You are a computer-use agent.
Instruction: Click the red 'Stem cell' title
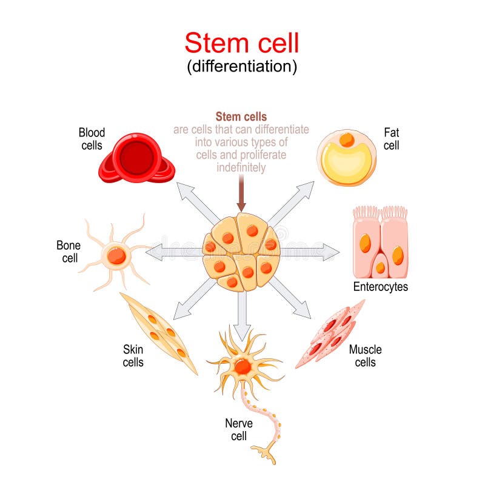click(x=242, y=44)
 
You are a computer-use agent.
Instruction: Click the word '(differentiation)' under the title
click(x=242, y=67)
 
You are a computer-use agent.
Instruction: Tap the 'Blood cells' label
click(x=92, y=138)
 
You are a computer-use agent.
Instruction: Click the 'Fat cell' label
click(x=391, y=138)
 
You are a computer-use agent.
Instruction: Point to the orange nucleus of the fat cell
click(x=347, y=140)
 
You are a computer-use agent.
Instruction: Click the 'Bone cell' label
click(x=68, y=251)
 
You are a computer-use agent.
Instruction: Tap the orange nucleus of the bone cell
click(x=116, y=256)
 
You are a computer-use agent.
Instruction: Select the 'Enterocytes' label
click(x=380, y=287)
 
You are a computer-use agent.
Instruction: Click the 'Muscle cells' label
click(x=365, y=356)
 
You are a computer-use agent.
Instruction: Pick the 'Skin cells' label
click(x=133, y=356)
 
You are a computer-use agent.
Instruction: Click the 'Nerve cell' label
click(x=238, y=430)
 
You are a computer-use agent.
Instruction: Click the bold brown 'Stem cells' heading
click(x=241, y=116)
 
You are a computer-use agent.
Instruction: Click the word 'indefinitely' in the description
click(x=241, y=167)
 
